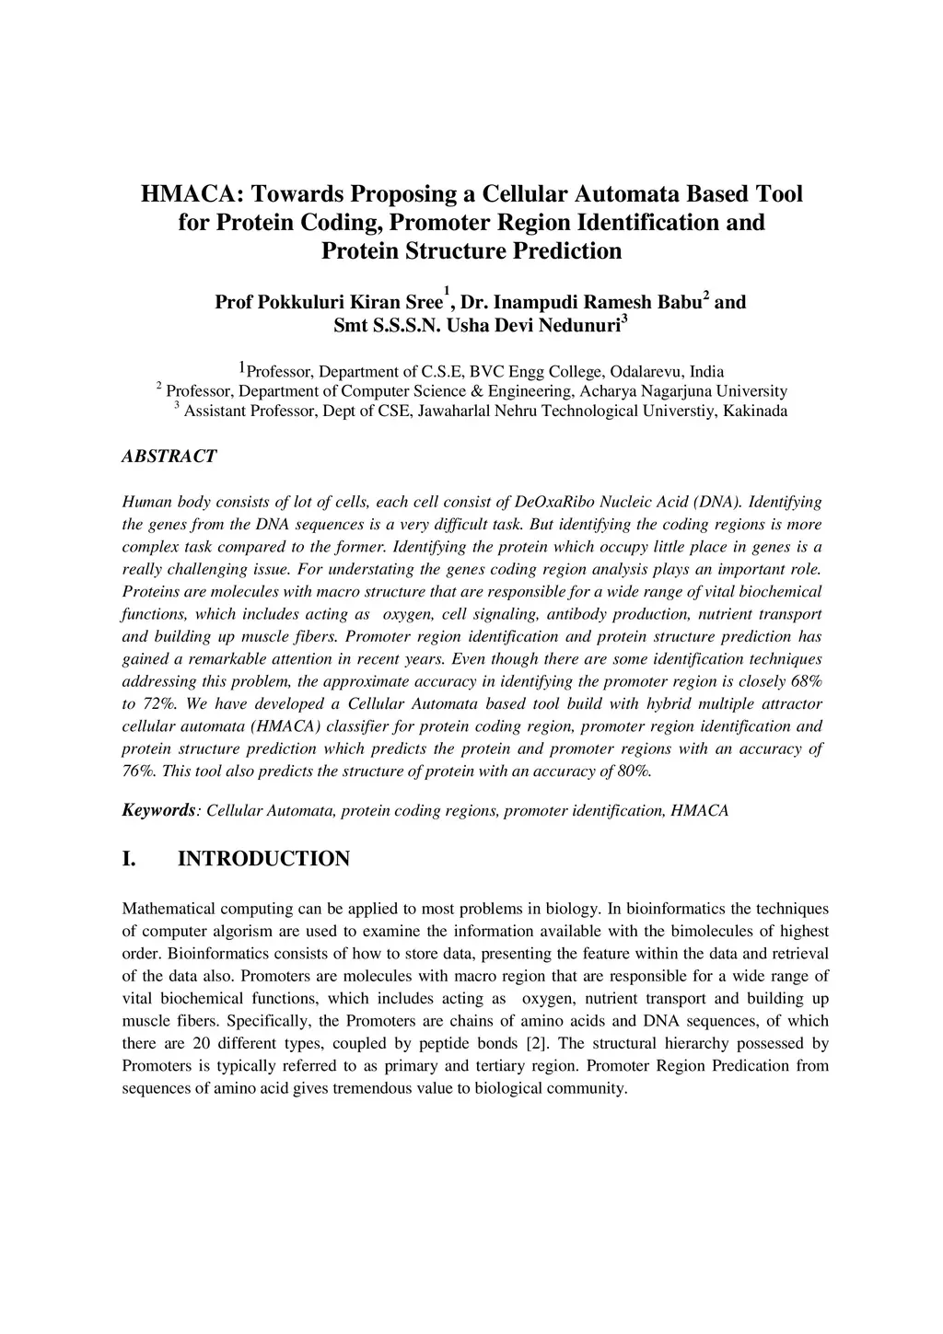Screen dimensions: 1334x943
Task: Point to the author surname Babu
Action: (677, 302)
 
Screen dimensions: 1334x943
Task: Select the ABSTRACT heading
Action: (169, 457)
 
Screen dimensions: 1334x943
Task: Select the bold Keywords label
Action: (158, 810)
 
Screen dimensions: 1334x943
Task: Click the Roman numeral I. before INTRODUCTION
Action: (130, 859)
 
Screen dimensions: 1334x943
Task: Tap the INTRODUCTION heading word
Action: (263, 859)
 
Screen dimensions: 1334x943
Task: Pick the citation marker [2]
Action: (536, 1043)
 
